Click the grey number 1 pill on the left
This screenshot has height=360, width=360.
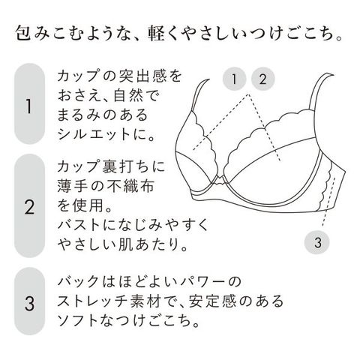coord(29,103)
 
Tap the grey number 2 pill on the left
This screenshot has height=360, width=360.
coord(29,205)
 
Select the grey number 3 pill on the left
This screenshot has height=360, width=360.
coord(29,301)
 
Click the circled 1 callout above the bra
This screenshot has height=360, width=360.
coord(234,79)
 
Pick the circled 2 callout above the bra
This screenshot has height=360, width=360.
coord(262,79)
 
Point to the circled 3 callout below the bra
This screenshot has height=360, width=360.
coord(317,242)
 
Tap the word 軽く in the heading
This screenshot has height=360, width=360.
coord(166,33)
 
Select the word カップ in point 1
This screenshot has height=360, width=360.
coord(78,76)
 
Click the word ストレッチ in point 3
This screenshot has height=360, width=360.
coord(93,301)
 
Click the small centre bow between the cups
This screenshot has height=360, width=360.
coord(219,180)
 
